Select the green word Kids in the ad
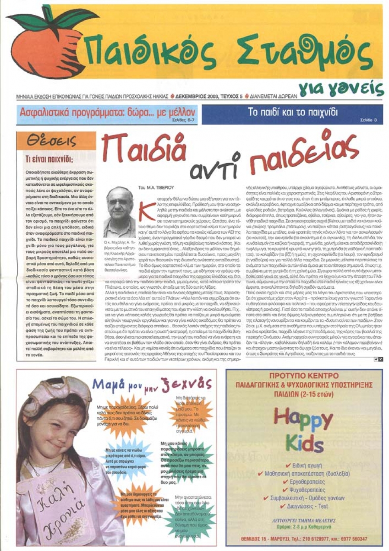(304, 444)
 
